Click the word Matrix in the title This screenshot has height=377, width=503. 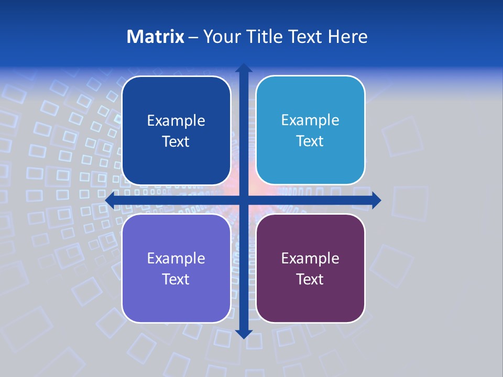pos(155,37)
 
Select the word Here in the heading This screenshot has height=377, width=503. pos(347,37)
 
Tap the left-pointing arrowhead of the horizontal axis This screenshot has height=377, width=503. pos(110,200)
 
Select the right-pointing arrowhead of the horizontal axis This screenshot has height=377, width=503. pos(376,200)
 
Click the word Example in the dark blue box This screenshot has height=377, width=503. pos(176,121)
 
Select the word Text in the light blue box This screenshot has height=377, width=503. pos(310,141)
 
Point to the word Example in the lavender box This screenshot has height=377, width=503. pos(176,259)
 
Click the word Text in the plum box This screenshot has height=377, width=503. pos(310,280)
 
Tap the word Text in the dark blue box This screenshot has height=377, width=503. pos(176,142)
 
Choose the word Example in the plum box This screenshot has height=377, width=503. pos(310,259)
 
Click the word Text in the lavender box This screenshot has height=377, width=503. pos(176,280)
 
